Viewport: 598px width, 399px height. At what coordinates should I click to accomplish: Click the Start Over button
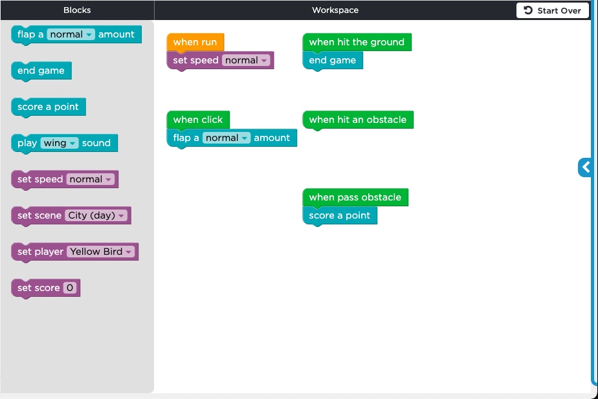[x=552, y=11]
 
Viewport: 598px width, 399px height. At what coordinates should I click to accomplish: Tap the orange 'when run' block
[x=195, y=42]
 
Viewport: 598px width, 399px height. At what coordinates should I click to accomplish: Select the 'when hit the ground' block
[x=357, y=42]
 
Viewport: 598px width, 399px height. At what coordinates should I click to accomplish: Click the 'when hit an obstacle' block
[x=358, y=120]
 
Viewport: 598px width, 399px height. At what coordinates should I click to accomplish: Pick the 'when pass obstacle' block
[x=355, y=197]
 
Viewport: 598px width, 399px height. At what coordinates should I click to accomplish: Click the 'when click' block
[x=198, y=120]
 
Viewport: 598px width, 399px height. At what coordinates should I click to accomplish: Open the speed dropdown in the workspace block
[x=246, y=60]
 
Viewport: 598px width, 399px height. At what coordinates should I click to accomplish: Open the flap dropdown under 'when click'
[x=226, y=138]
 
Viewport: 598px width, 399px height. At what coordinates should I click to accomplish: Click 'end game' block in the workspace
[x=333, y=60]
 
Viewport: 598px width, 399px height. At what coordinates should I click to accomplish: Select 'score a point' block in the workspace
[x=340, y=216]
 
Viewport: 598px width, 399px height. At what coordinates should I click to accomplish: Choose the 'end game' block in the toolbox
[x=41, y=71]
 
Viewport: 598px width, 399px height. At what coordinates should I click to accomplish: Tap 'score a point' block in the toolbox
[x=49, y=107]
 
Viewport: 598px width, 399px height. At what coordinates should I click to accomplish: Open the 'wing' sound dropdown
[x=60, y=143]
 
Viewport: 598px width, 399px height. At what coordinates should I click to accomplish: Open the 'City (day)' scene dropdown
[x=96, y=215]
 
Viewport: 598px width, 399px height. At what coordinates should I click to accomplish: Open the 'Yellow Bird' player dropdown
[x=101, y=252]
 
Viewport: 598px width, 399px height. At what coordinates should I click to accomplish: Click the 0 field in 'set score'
[x=70, y=288]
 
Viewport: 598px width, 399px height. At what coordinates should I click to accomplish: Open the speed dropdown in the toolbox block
[x=91, y=179]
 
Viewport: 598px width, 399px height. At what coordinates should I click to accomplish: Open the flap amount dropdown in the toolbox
[x=71, y=34]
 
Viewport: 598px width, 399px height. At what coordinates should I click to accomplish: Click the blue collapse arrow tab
[x=585, y=167]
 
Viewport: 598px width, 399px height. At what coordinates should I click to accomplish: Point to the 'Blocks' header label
[x=77, y=10]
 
